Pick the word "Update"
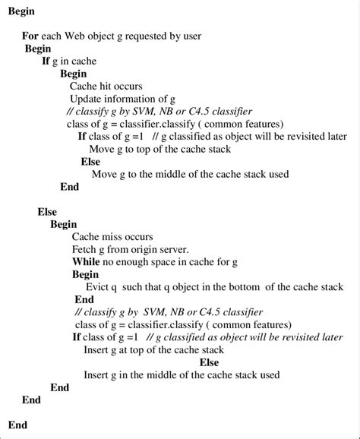pos(86,99)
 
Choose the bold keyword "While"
pos(87,261)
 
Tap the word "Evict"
pos(97,287)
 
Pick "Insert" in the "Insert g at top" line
pos(98,349)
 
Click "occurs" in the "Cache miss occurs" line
pos(138,236)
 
